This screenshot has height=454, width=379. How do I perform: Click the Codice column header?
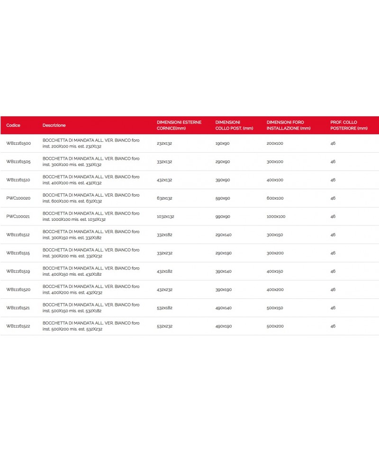coord(13,125)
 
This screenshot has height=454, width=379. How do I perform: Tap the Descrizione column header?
coord(54,125)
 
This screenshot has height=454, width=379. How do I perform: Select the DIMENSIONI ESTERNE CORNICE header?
coord(179,125)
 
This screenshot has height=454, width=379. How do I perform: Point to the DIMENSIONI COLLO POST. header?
coord(234,125)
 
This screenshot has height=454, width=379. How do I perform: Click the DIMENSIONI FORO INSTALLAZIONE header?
coord(289,125)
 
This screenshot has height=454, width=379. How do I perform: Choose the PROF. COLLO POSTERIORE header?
coord(349,125)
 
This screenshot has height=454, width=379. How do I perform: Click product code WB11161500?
coord(18,143)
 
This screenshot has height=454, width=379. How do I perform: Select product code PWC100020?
coord(18,198)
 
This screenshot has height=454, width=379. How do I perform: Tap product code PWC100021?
coord(18,217)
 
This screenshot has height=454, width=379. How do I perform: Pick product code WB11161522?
coord(18,326)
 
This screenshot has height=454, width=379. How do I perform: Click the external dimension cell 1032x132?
coord(165,217)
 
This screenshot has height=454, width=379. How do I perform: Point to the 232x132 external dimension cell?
coord(164,143)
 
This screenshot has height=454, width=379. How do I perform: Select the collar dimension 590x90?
coord(222,198)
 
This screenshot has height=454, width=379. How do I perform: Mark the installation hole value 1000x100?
coord(276,217)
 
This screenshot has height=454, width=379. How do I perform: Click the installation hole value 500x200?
coord(275,326)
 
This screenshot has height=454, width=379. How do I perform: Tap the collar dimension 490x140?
coord(223,308)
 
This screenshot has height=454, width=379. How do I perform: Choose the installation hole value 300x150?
coord(275,235)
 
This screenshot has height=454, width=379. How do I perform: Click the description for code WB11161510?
coord(91,180)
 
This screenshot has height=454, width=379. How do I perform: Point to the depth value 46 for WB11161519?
coord(333,271)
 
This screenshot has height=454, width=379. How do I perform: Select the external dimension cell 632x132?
coord(164,198)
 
